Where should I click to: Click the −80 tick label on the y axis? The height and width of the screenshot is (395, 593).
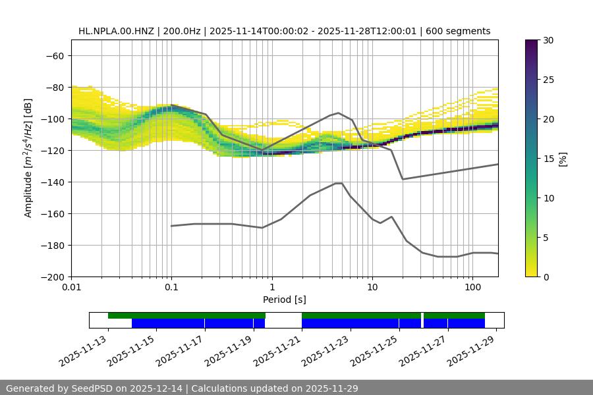(x=53, y=88)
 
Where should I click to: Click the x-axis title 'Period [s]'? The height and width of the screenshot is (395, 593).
(x=284, y=300)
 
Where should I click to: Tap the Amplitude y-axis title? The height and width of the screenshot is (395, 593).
(x=28, y=158)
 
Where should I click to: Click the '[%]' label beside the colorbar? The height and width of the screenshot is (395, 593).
(x=563, y=159)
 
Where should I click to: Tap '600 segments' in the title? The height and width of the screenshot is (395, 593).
(x=459, y=31)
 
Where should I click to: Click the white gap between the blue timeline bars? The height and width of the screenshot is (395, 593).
(x=283, y=323)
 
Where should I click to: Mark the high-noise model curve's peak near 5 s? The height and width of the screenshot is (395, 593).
(x=339, y=113)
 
